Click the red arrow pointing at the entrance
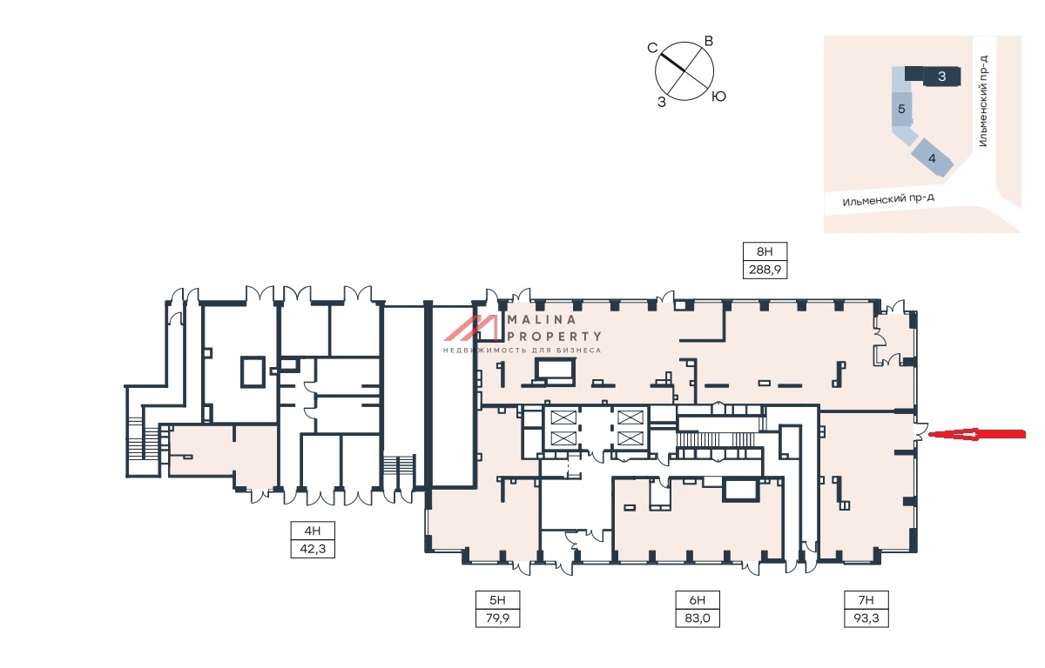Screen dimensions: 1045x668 [976, 435]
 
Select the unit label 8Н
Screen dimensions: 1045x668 [765, 251]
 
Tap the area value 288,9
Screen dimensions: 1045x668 [765, 270]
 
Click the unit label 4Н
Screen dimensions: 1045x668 [313, 531]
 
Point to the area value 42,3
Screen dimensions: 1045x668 [313, 549]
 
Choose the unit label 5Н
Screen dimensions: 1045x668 [497, 600]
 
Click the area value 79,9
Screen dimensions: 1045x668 [497, 618]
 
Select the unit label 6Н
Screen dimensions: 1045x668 [698, 600]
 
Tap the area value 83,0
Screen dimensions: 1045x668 [698, 618]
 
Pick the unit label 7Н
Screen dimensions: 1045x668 [866, 600]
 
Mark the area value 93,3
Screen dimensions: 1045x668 [866, 618]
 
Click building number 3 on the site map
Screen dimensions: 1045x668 [941, 76]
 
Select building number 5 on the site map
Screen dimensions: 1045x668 [901, 109]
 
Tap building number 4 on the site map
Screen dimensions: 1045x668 [932, 158]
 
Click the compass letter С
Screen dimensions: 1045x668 [652, 48]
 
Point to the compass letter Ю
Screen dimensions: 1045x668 [718, 97]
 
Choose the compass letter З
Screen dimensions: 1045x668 [662, 102]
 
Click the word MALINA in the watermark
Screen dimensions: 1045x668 [542, 319]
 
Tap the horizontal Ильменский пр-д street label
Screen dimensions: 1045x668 [888, 199]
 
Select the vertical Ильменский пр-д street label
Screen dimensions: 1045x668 [983, 101]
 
